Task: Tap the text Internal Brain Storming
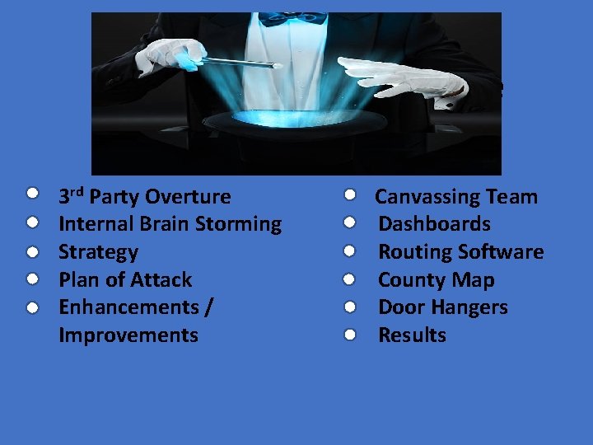click(170, 224)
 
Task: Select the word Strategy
click(98, 252)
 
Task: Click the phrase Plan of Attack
click(125, 280)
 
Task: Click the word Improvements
click(128, 335)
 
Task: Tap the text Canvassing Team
click(456, 197)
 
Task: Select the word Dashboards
click(434, 224)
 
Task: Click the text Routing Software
click(460, 252)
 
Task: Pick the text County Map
click(436, 280)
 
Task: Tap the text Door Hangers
click(442, 307)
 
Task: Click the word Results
click(412, 335)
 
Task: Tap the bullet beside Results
click(349, 335)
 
